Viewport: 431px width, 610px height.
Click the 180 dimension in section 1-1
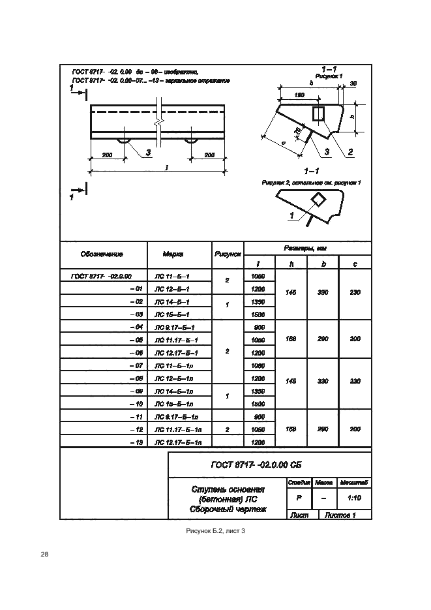click(299, 95)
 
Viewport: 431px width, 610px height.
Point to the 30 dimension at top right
click(353, 84)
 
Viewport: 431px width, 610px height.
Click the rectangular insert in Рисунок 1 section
click(318, 114)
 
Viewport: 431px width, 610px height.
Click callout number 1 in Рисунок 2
click(291, 215)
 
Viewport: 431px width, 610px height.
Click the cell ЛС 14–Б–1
click(171, 302)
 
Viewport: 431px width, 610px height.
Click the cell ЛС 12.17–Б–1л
click(178, 442)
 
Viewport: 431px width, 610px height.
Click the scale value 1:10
click(355, 498)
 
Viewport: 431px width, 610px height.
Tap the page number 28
click(44, 555)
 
